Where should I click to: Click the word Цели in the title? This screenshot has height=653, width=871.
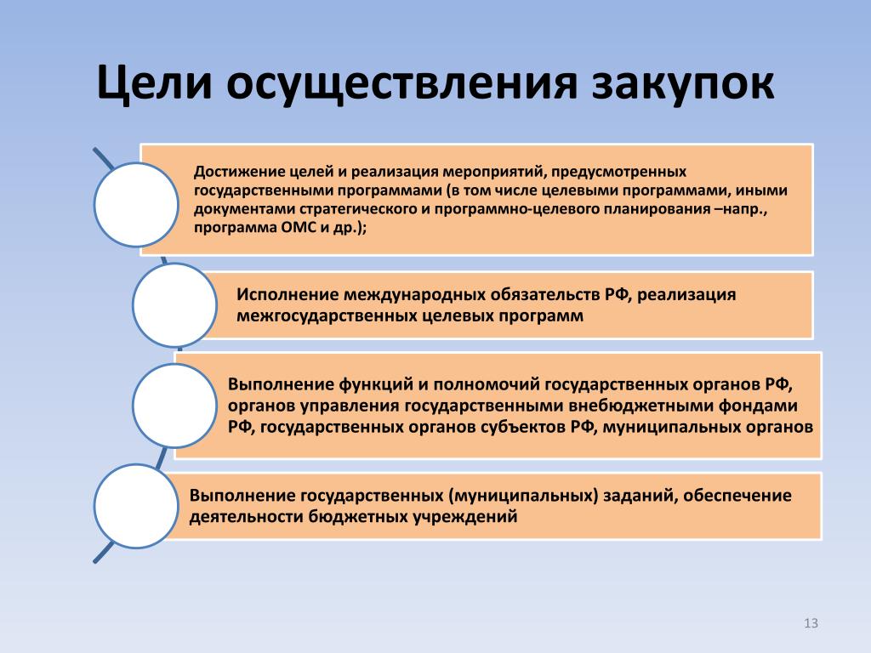pos(155,83)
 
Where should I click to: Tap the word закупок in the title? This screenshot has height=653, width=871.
pos(683,84)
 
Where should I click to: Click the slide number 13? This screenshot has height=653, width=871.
pos(811,623)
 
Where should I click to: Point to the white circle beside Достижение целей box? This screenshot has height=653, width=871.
pos(136,204)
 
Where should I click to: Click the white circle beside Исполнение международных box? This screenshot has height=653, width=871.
pos(174,305)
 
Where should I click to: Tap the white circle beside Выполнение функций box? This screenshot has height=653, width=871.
pos(174,406)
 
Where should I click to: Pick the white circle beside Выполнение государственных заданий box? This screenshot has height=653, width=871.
pos(136,506)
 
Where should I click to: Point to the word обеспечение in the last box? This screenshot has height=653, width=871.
pos(737,496)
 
